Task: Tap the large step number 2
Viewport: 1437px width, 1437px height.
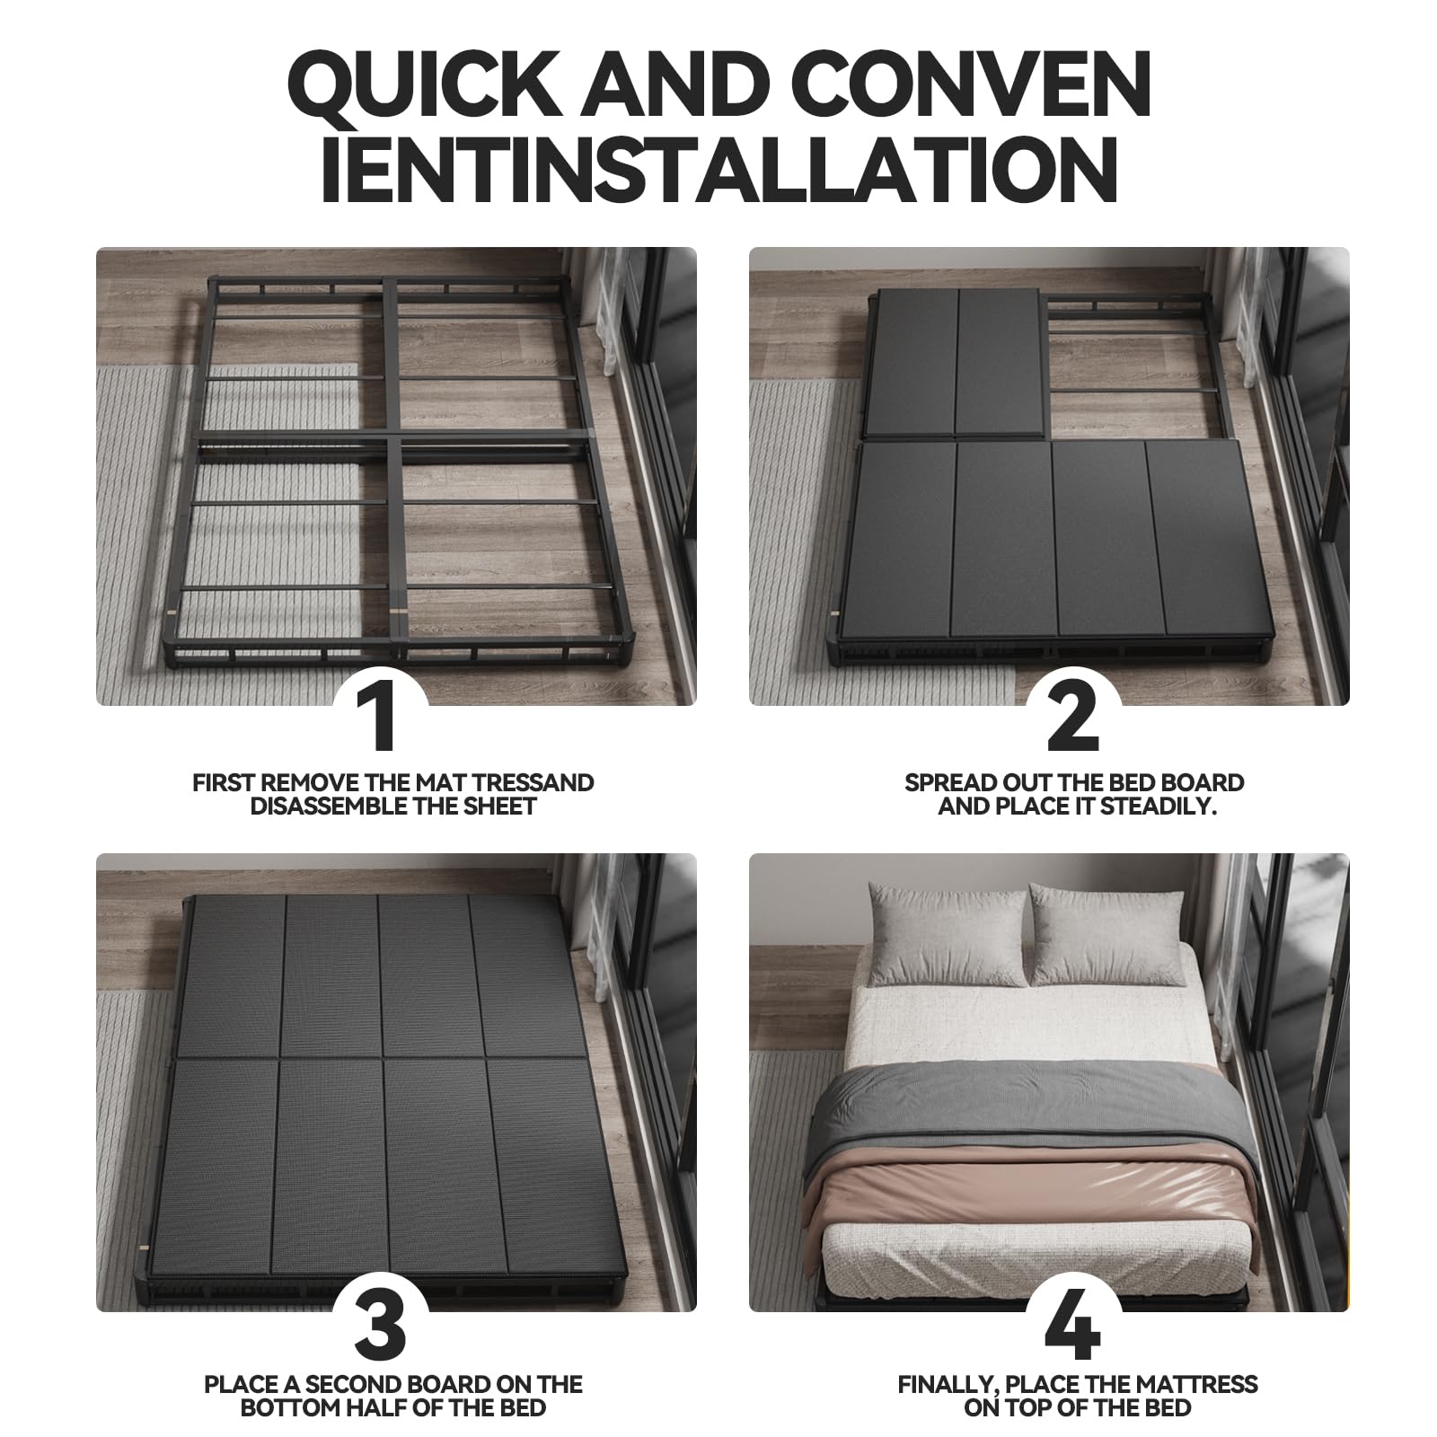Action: coord(1073,718)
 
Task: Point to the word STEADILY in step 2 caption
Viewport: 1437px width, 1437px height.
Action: coord(1158,806)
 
